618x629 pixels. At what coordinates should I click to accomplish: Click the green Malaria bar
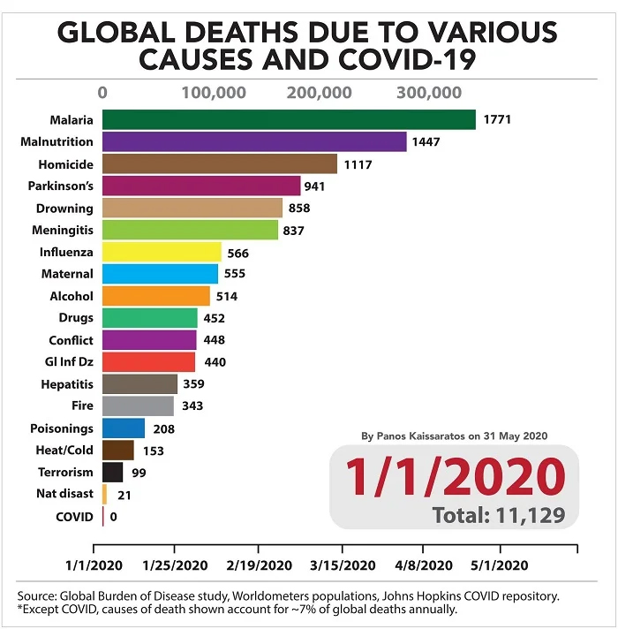pos(289,120)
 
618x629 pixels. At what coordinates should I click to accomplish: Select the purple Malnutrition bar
pos(254,141)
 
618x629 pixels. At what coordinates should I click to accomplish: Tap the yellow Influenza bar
pos(162,252)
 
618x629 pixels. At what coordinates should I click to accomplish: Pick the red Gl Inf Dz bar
pos(148,362)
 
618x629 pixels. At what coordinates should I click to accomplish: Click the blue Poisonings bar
pos(124,428)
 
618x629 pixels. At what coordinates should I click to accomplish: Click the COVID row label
pos(74,516)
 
